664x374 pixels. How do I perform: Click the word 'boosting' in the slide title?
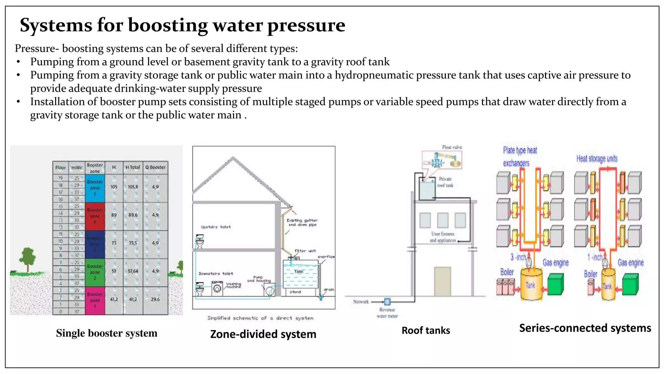click(168, 25)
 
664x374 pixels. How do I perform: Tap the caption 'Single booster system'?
click(106, 333)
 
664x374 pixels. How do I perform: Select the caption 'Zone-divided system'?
click(263, 334)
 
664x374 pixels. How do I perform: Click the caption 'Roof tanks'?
click(425, 330)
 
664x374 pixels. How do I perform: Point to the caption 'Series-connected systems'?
click(585, 328)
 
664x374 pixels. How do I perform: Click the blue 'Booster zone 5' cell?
click(95, 188)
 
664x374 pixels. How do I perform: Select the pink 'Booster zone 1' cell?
click(95, 300)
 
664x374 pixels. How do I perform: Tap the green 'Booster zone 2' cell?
click(95, 272)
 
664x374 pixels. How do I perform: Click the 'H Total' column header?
click(133, 168)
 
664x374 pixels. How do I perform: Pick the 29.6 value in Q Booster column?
click(155, 299)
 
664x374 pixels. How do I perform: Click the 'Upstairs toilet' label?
click(216, 227)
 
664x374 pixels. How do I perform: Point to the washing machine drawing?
click(217, 288)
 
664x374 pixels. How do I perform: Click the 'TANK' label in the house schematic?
click(299, 271)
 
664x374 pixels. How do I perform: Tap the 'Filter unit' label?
click(305, 251)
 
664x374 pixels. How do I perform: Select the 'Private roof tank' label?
click(445, 182)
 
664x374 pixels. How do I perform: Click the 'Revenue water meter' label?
click(387, 313)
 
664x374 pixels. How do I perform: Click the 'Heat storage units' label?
click(597, 159)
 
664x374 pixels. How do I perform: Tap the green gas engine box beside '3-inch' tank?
click(555, 283)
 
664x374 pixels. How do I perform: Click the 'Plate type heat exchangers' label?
click(520, 156)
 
